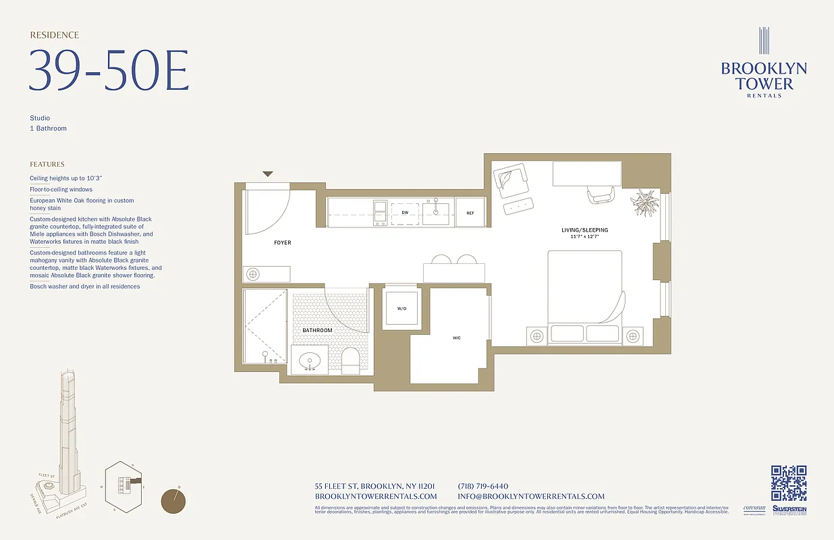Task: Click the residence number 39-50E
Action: (108, 70)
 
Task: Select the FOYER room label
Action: (283, 242)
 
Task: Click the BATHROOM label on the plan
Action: (317, 330)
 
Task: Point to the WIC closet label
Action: (457, 337)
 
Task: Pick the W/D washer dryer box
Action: (401, 308)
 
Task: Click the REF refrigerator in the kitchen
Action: (470, 213)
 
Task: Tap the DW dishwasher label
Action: (405, 213)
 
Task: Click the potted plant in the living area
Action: (646, 202)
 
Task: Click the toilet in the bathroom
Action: (351, 361)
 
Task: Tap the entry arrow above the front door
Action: (268, 174)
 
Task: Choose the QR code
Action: (789, 483)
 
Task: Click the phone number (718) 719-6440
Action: (482, 486)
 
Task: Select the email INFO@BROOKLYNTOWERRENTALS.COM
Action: (531, 496)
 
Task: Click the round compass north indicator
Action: (173, 501)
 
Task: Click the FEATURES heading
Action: (47, 164)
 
